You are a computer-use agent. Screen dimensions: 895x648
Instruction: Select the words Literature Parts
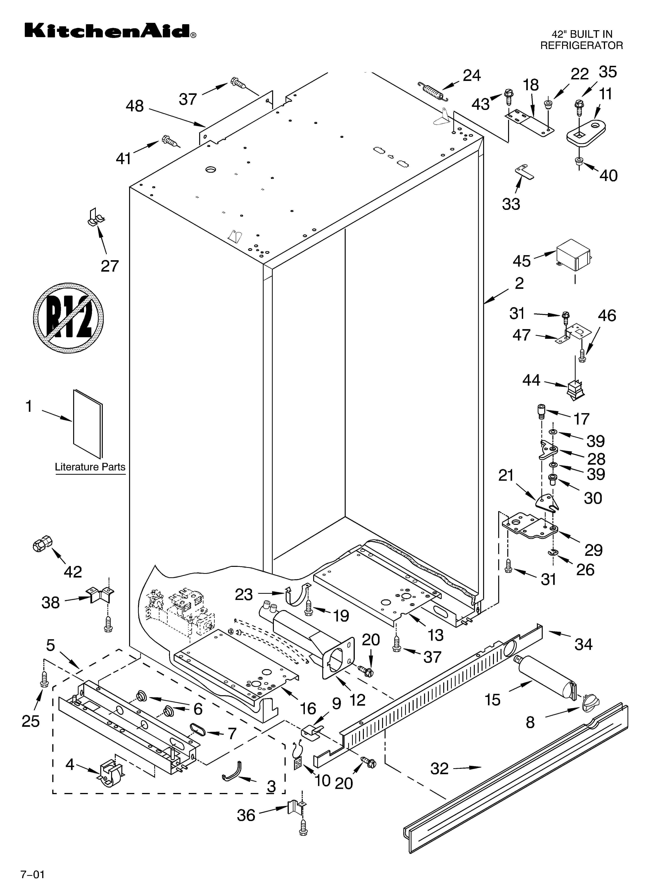90,467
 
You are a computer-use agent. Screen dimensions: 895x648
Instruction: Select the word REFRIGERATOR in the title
581,45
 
